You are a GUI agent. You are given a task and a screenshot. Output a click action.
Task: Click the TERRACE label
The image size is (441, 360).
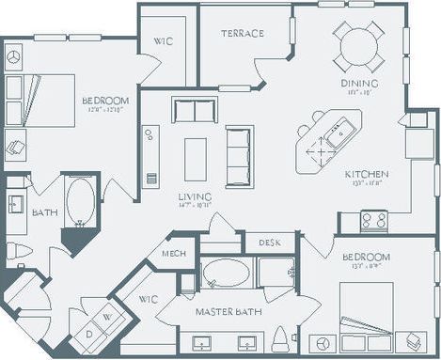pyautogui.click(x=243, y=34)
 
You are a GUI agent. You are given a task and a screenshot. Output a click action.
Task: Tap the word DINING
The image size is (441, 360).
pyautogui.click(x=358, y=83)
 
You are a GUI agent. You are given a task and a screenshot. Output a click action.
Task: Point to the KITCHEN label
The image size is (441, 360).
pyautogui.click(x=366, y=174)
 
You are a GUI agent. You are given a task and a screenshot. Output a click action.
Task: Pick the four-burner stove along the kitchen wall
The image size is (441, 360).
pyautogui.click(x=373, y=220)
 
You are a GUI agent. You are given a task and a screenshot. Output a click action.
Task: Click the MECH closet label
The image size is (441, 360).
pyautogui.click(x=173, y=254)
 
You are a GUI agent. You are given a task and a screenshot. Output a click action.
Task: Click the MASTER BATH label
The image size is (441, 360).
pyautogui.click(x=227, y=310)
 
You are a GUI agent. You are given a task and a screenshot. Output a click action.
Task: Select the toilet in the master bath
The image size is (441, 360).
pyautogui.click(x=279, y=337)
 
